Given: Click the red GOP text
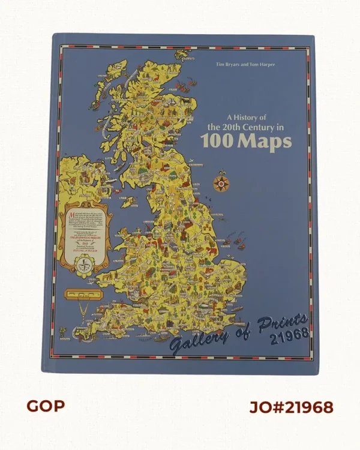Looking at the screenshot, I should point(45,406).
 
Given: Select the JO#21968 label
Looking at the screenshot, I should point(291,407).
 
